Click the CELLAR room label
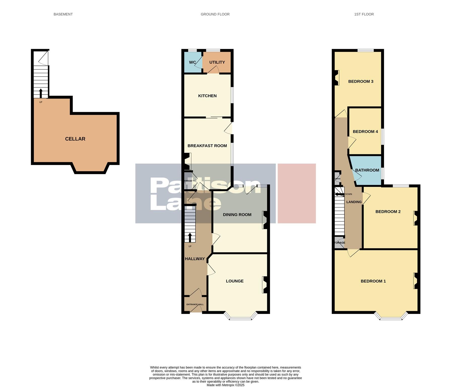75,139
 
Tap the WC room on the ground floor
192,62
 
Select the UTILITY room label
217,62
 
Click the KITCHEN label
207,96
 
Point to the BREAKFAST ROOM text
207,146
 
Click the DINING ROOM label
237,215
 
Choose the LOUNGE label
234,281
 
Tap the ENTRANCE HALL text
195,304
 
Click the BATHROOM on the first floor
367,170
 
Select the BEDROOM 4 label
365,132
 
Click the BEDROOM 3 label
360,81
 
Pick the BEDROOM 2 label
388,212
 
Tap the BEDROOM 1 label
373,281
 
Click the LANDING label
354,202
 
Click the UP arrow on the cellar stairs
41,93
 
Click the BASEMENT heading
63,14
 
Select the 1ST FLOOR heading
364,14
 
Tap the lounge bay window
240,318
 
